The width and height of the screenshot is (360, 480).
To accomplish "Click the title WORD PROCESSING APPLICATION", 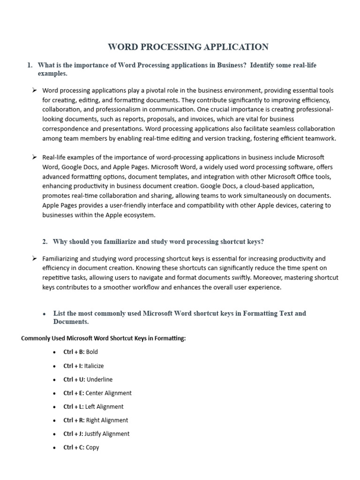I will pyautogui.click(x=188, y=47).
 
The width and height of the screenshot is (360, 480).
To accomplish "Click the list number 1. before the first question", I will pyautogui.click(x=30, y=65).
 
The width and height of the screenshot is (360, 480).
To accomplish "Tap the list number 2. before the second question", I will pyautogui.click(x=45, y=242).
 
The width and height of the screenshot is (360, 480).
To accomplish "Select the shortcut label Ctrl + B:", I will pyautogui.click(x=74, y=352).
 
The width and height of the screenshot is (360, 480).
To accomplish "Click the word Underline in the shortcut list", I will pyautogui.click(x=99, y=379).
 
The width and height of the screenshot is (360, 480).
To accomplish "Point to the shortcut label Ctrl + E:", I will pyautogui.click(x=74, y=393).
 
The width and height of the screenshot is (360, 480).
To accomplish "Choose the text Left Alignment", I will pyautogui.click(x=104, y=406).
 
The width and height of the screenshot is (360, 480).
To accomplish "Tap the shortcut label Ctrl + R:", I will pyautogui.click(x=74, y=420).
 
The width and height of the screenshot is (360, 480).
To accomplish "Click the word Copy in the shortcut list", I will pyautogui.click(x=92, y=447).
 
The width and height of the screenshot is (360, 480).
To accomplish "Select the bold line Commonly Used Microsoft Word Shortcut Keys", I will pyautogui.click(x=104, y=338).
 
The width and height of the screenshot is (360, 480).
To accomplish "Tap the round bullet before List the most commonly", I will pyautogui.click(x=44, y=314).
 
